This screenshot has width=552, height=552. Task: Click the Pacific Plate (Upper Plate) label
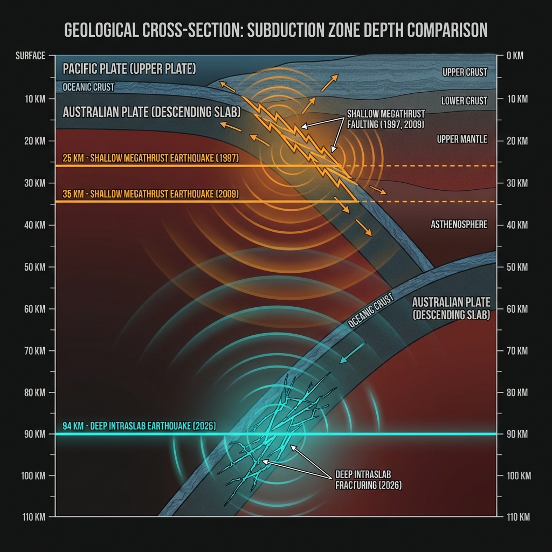point(129,70)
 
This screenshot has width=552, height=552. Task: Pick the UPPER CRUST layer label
point(465,72)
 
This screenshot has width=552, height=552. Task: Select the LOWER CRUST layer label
point(464,101)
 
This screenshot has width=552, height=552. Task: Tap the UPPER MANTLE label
point(462,140)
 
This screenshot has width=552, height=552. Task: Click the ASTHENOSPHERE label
point(459,224)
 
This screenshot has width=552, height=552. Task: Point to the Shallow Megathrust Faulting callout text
point(386,119)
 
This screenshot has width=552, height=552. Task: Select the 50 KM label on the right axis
point(517,267)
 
